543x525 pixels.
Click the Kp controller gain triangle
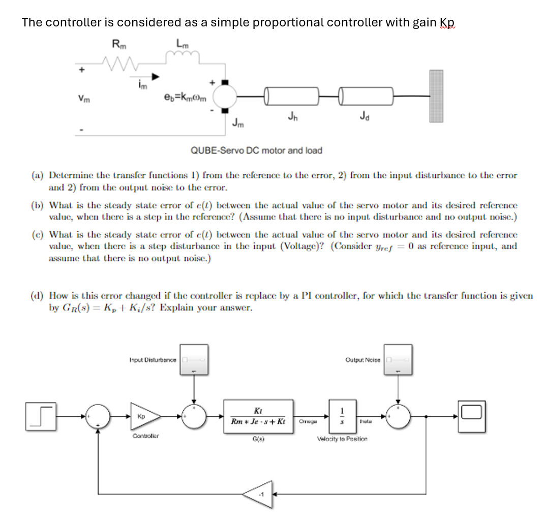click(x=144, y=416)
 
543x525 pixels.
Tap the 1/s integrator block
click(x=342, y=416)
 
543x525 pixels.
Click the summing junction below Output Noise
click(x=399, y=416)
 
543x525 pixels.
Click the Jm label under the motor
click(x=238, y=122)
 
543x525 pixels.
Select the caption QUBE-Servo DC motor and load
click(x=256, y=150)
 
